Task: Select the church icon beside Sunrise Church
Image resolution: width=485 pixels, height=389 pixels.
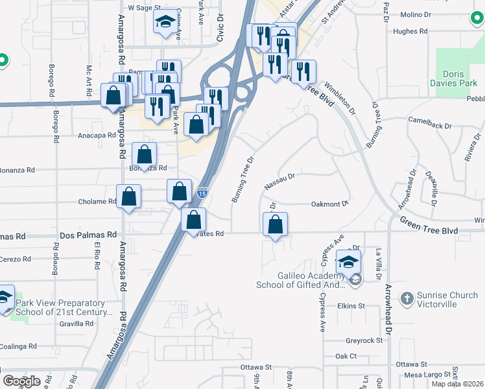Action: click(407, 299)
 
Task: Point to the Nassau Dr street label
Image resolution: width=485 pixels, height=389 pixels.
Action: click(280, 181)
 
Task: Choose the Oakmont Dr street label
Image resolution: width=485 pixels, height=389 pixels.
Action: click(330, 204)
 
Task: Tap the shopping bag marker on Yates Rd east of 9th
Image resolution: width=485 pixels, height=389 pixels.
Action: click(276, 225)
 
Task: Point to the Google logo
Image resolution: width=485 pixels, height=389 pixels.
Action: click(21, 381)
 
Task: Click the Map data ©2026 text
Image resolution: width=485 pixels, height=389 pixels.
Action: click(456, 384)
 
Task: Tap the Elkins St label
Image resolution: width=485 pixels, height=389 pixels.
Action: click(351, 305)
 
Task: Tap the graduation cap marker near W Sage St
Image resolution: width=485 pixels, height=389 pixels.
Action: click(165, 23)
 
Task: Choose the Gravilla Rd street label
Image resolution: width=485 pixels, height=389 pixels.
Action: click(77, 324)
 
